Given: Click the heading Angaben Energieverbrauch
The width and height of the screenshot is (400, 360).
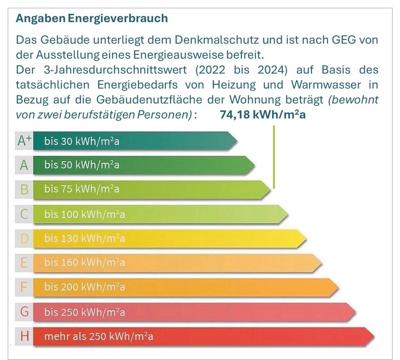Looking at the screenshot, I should pyautogui.click(x=92, y=18).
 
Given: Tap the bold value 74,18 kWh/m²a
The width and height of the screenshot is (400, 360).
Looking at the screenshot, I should pyautogui.click(x=262, y=115).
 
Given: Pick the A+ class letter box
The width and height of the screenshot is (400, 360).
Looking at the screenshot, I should pyautogui.click(x=24, y=141).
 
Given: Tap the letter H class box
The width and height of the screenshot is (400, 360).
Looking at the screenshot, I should pyautogui.click(x=24, y=336).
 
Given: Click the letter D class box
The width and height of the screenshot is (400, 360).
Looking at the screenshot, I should pyautogui.click(x=24, y=239).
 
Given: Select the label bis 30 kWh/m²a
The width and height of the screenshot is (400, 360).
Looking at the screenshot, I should pyautogui.click(x=82, y=141).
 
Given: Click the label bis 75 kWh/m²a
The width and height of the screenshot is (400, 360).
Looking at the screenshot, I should pyautogui.click(x=82, y=190).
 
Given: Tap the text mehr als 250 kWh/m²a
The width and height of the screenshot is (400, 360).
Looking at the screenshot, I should pyautogui.click(x=98, y=336).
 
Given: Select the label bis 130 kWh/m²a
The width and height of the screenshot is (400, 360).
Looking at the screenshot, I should pyautogui.click(x=84, y=239).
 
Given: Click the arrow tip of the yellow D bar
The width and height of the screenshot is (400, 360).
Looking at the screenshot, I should pyautogui.click(x=305, y=239).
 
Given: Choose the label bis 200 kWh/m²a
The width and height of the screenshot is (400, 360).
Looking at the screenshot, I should pyautogui.click(x=84, y=287).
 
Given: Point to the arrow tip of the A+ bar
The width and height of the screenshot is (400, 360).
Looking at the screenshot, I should pyautogui.click(x=236, y=141).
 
